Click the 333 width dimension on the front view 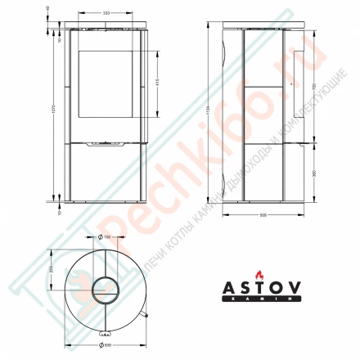tap(106, 14)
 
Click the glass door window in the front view tap(106, 87)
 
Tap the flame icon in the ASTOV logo tap(261, 275)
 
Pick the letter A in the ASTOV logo tap(232, 290)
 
